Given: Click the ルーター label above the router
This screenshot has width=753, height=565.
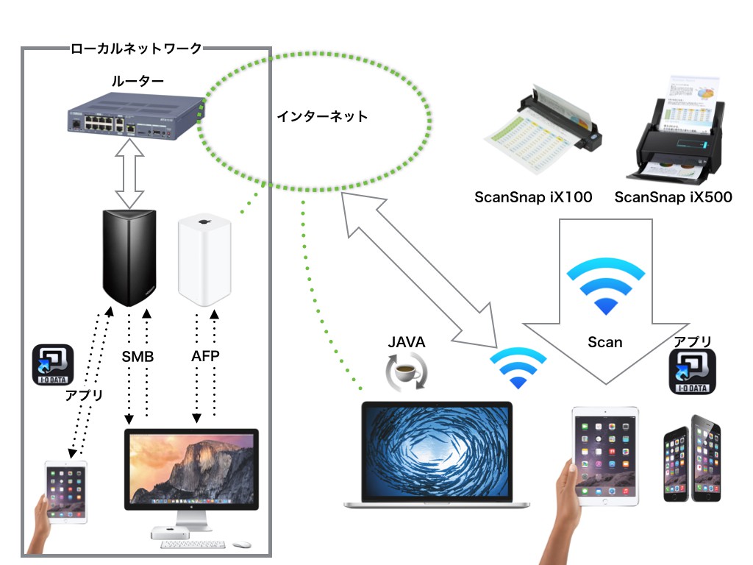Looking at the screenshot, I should point(138,80).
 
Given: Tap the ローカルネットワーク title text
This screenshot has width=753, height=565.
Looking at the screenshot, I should point(136,49).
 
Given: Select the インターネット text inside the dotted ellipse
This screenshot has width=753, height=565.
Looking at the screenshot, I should point(322,116).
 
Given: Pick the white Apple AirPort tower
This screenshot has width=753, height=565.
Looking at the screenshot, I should point(205,262).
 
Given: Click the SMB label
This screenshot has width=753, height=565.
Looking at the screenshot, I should point(138,357).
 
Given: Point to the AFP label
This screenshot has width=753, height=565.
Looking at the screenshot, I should point(205,357).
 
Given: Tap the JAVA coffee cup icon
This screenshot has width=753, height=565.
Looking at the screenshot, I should point(406,371).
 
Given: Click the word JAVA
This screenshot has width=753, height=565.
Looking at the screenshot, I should point(406,342).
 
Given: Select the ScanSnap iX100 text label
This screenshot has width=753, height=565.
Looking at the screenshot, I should point(533,196).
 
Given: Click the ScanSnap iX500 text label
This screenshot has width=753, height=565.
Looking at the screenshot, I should point(673,196).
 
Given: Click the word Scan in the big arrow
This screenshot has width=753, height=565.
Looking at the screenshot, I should point(605,342).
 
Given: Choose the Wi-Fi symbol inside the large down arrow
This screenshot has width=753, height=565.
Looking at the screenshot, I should point(605,287).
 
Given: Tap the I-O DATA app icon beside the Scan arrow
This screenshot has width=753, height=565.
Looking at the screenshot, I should point(692,373).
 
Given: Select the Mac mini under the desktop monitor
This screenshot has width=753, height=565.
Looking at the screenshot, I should point(176,533).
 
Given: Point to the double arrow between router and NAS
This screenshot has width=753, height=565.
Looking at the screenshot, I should point(130,175).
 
